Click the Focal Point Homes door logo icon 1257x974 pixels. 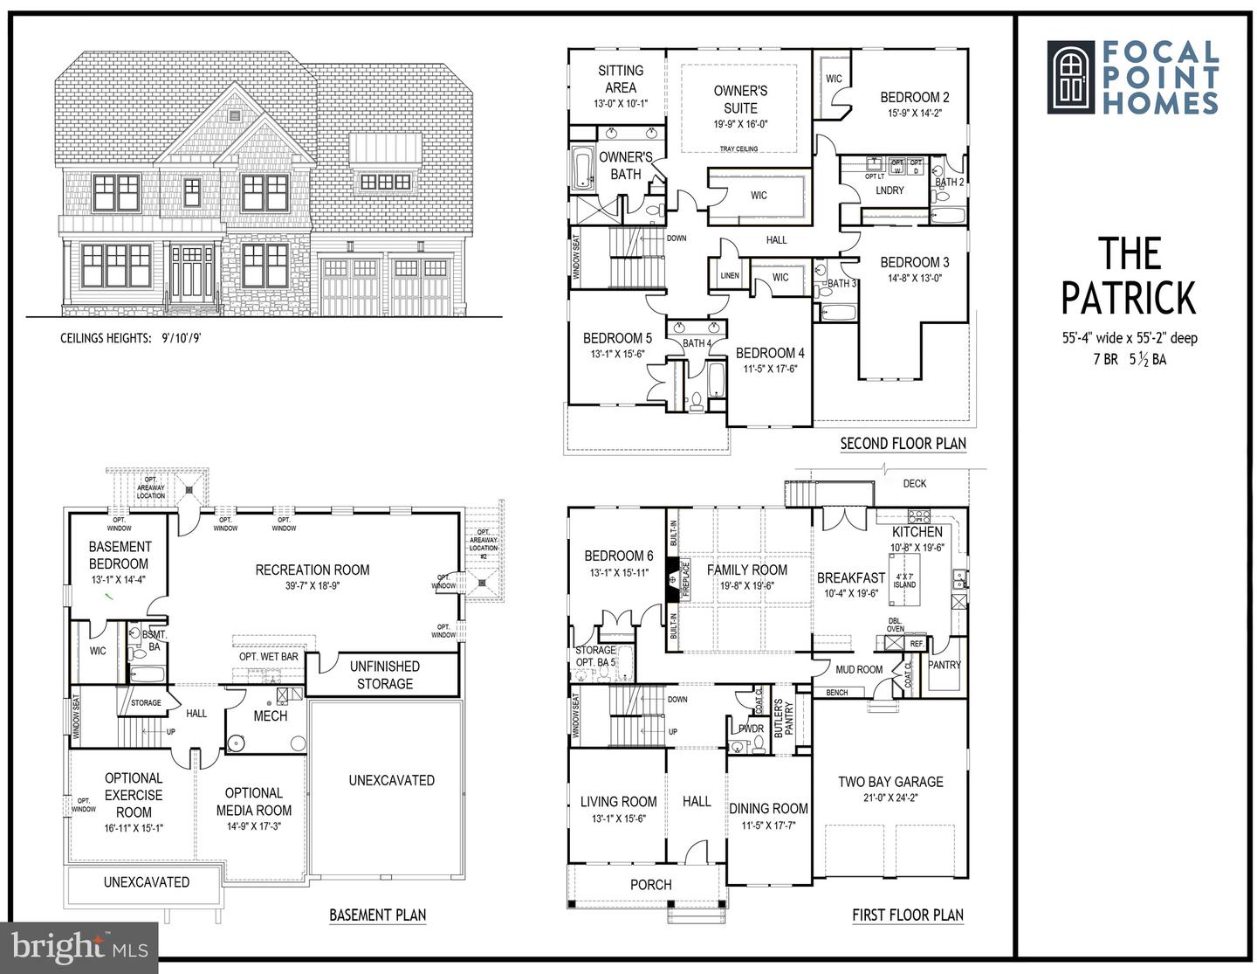pos(1070,77)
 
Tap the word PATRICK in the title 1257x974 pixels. pos(1128,299)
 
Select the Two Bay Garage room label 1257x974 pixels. pos(890,782)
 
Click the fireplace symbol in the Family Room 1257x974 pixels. pos(672,577)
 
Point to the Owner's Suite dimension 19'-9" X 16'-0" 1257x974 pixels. pos(740,124)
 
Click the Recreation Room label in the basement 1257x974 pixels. pos(312,570)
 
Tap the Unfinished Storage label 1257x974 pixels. pos(384,674)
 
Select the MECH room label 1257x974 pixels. pos(270,715)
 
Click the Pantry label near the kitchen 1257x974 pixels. pos(944,665)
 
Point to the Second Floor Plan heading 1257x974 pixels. pos(903,444)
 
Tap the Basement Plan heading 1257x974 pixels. pos(377,915)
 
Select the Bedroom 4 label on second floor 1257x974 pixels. pos(770,353)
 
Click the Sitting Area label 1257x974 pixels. pos(621,79)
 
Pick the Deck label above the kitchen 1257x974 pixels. pos(914,483)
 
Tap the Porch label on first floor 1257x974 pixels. pos(650,885)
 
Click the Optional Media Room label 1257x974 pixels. pos(254,801)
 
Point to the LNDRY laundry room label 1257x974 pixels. pos(890,190)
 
